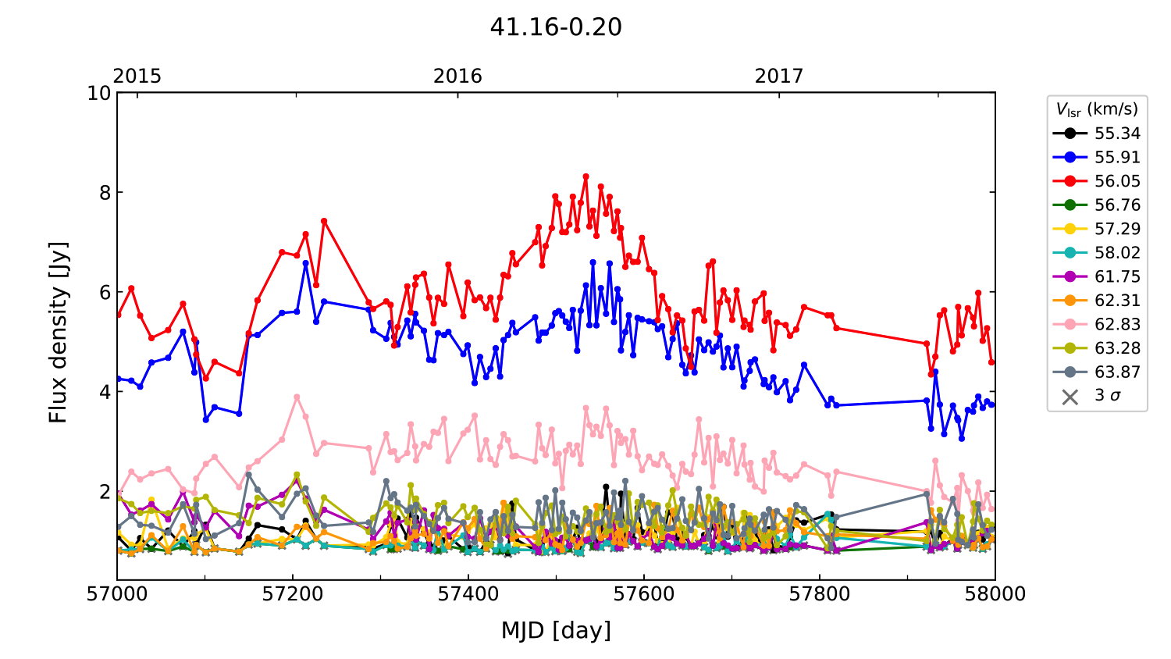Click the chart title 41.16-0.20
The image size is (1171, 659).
(x=556, y=27)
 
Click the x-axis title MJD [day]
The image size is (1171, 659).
(x=556, y=629)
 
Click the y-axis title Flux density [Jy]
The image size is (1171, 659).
(x=59, y=333)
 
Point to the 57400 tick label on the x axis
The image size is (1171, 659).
(x=468, y=594)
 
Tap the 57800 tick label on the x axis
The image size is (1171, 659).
(x=820, y=594)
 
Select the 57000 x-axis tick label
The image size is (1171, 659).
(x=117, y=594)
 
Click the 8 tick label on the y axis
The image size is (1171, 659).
(x=104, y=193)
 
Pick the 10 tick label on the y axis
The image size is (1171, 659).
(x=99, y=93)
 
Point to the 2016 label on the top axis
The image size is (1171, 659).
(x=457, y=76)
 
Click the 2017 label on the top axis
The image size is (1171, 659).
(x=778, y=76)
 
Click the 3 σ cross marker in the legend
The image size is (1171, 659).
(x=1070, y=396)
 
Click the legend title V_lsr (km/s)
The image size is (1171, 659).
(x=1097, y=109)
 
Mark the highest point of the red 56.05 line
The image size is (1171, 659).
(x=585, y=176)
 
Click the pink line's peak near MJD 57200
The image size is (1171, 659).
(x=297, y=397)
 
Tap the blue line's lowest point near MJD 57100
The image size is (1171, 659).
(x=206, y=419)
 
